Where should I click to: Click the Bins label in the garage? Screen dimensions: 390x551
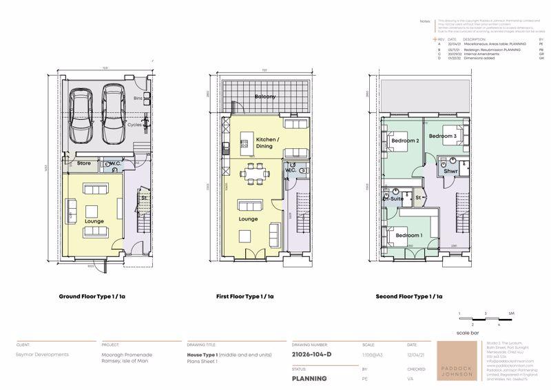click(139, 99)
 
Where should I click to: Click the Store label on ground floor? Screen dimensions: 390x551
click(84, 164)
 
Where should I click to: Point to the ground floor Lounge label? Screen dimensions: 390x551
click(94, 220)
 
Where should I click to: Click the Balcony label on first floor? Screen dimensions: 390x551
click(264, 97)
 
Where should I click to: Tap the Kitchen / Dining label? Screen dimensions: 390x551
click(269, 143)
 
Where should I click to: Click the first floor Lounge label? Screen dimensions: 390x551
click(249, 219)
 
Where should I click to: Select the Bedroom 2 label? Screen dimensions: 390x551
click(405, 141)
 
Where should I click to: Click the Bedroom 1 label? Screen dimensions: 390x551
click(409, 236)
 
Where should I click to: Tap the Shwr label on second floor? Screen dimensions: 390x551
click(451, 172)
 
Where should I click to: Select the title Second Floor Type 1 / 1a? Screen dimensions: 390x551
click(408, 297)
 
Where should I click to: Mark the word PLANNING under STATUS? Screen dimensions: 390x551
click(309, 378)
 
